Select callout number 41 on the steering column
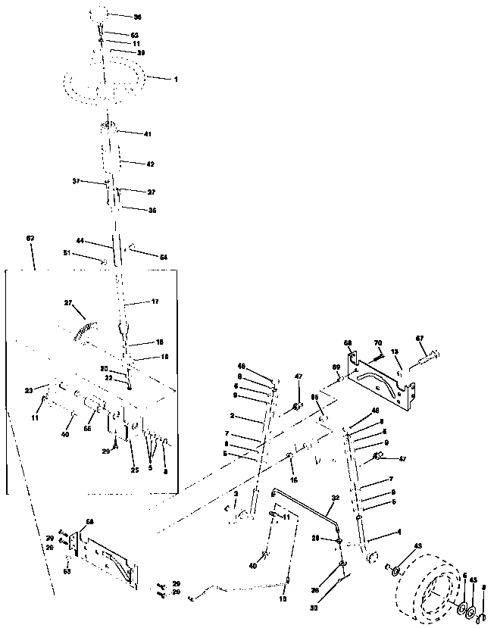coord(147,133)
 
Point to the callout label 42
coord(150,164)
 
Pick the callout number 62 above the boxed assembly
coord(30,238)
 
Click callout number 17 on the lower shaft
coord(155,302)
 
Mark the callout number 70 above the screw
coord(378,344)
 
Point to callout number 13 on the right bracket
coord(394,351)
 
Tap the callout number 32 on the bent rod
coord(335,498)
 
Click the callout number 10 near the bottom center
coord(283,598)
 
